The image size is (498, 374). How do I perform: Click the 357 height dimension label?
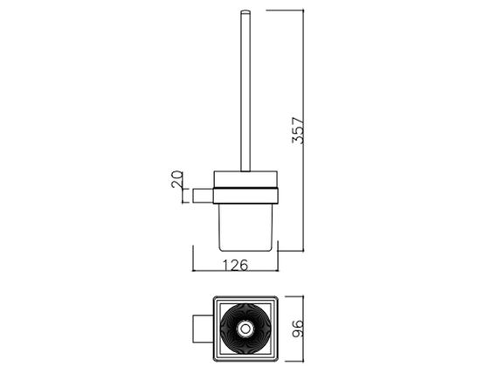click(298, 130)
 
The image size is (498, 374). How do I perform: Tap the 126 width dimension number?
click(235, 266)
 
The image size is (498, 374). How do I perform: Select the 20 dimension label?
click(177, 179)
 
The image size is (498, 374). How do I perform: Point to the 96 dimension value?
click(298, 329)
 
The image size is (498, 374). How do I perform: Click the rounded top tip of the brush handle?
click(246, 12)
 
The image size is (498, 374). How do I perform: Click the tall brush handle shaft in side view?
click(246, 91)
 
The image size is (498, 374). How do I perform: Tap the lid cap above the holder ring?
click(246, 179)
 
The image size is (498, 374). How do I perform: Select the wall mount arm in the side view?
click(203, 196)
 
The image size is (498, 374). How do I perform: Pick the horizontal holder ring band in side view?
click(246, 196)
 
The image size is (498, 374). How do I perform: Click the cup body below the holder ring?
click(246, 227)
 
